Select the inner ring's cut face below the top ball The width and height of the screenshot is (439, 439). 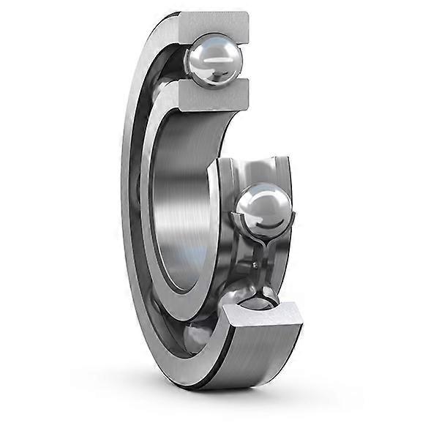[x=208, y=96]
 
